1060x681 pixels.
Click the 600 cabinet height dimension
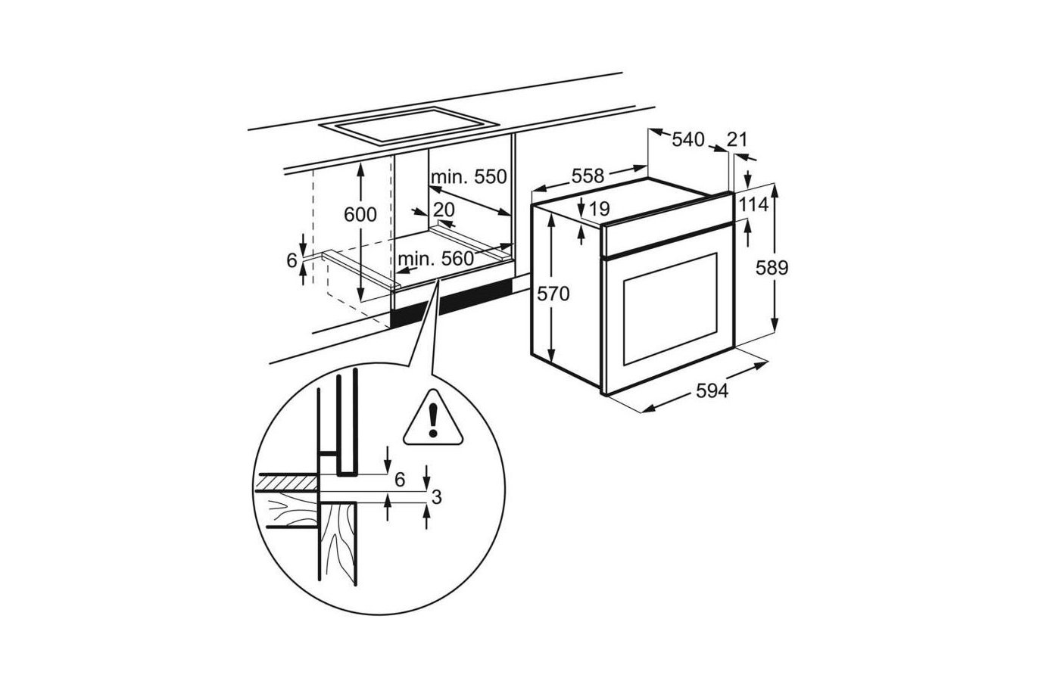(360, 215)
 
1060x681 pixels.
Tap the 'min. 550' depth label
(469, 177)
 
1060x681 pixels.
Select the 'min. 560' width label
(436, 259)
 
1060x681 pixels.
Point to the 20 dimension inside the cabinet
(444, 210)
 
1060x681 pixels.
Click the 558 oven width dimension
(588, 176)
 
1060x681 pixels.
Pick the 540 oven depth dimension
(688, 139)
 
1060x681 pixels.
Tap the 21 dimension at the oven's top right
(737, 139)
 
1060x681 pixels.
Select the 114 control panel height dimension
(754, 205)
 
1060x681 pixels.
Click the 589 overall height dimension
(772, 268)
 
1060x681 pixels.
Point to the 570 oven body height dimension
(553, 294)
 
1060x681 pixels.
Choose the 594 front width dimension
(712, 390)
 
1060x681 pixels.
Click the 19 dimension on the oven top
(600, 209)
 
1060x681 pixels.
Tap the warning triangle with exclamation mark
(432, 418)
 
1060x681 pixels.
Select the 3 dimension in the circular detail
(436, 497)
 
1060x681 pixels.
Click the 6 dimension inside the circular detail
(400, 480)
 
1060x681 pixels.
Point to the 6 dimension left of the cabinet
(292, 260)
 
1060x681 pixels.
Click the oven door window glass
(670, 309)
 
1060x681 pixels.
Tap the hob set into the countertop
(409, 126)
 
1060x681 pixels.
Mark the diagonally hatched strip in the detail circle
(288, 483)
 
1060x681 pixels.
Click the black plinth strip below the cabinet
(451, 303)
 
